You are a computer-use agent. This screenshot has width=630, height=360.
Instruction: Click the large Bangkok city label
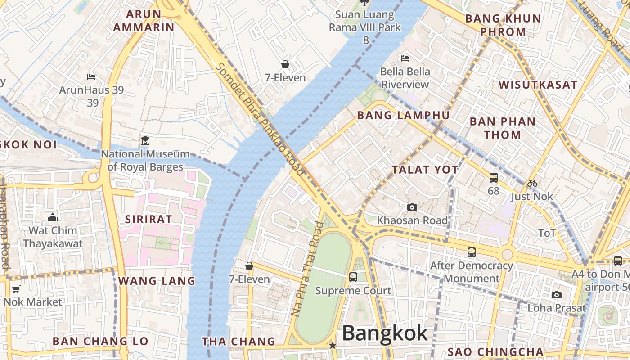(385, 333)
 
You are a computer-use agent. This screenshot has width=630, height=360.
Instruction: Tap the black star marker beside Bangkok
(333, 345)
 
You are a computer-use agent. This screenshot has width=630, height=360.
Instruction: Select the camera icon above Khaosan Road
(412, 207)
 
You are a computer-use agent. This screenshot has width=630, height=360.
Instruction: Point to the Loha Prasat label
(557, 308)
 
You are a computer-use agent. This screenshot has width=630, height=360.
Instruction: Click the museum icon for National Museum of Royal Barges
(145, 141)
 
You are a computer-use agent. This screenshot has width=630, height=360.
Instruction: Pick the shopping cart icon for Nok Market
(16, 289)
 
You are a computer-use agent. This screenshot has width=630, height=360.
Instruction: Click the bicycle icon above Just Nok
(532, 183)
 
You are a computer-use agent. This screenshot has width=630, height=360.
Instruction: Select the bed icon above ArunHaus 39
(91, 76)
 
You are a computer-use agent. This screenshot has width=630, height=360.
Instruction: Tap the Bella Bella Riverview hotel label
(405, 78)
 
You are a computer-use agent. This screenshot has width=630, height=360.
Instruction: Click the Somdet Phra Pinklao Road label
(260, 119)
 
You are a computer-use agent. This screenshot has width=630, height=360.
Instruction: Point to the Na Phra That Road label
(307, 269)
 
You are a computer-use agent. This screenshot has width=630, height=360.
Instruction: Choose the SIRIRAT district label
(148, 220)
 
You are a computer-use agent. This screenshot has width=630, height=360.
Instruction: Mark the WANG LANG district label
(157, 281)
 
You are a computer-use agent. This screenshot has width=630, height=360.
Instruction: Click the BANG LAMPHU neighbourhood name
(403, 116)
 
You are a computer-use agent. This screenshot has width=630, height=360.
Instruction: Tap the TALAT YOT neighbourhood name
(425, 170)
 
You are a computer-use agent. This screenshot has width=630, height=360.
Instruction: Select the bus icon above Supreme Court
(353, 277)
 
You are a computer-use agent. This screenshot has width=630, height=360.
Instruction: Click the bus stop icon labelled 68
(494, 178)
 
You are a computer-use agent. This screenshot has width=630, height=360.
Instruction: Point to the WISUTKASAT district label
(538, 85)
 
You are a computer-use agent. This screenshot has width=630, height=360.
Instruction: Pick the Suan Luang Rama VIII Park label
(365, 21)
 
